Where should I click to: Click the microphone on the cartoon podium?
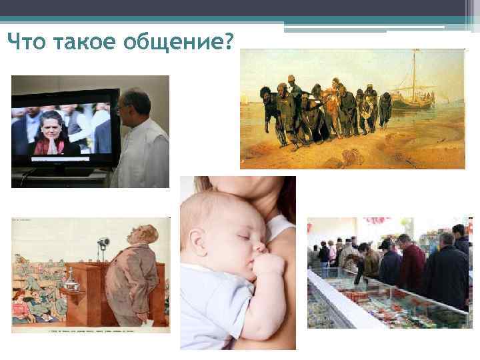pos(103,243)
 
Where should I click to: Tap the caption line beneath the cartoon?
pos(91,328)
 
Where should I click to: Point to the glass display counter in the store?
pos(373,300)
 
